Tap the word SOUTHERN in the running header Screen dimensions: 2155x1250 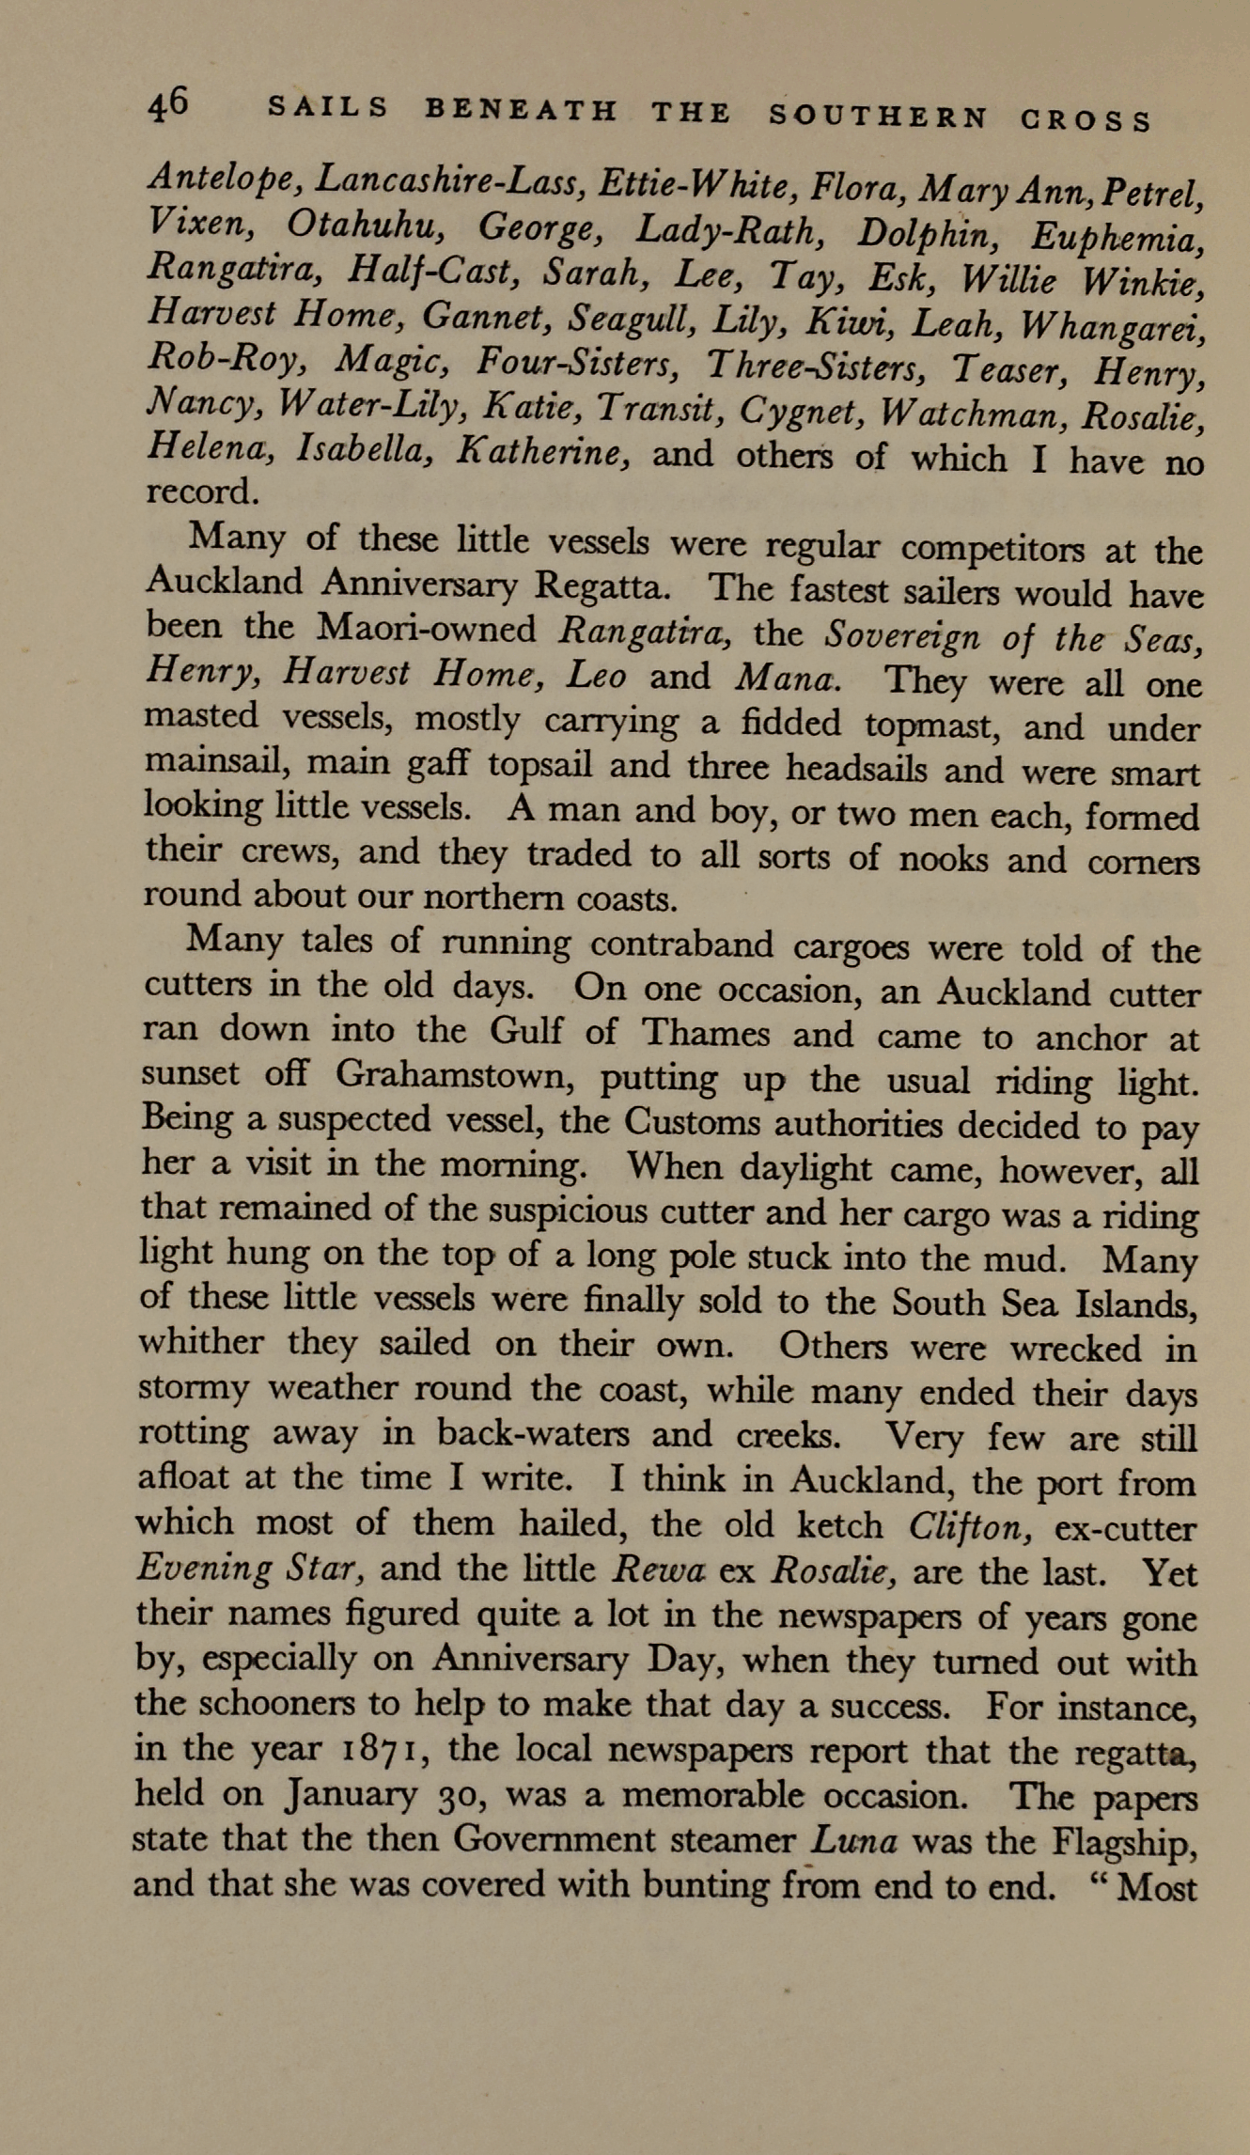click(878, 117)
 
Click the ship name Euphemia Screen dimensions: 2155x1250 click(1115, 234)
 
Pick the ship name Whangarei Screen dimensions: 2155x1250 click(1113, 326)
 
